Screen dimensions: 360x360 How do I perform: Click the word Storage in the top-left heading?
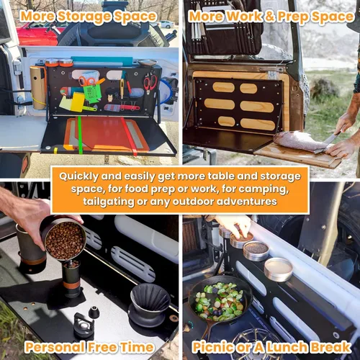[x=84, y=17]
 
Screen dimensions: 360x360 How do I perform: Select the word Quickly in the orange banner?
[x=78, y=176]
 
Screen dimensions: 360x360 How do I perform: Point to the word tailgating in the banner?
[x=109, y=202]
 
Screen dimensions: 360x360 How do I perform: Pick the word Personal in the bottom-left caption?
[x=55, y=347]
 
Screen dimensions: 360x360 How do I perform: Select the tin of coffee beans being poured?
[x=64, y=239]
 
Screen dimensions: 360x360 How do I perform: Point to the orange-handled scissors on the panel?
[x=89, y=81]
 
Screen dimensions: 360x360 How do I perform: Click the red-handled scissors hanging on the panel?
[x=150, y=82]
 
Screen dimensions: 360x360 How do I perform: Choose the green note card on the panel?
[x=92, y=93]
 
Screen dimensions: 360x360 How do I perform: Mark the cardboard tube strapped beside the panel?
[x=38, y=88]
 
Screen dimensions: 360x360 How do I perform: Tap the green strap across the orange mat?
[x=80, y=135]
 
